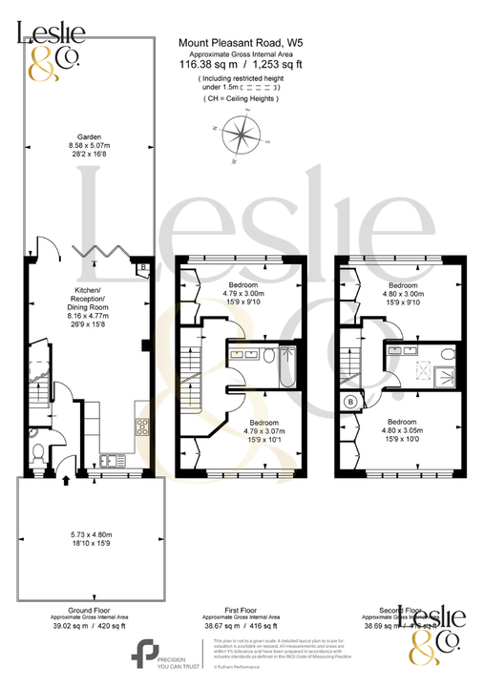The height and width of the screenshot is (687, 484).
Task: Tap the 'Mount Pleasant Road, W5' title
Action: (242, 43)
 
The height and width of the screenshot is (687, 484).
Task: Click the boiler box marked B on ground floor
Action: (142, 269)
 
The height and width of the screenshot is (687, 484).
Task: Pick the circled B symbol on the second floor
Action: (350, 402)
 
